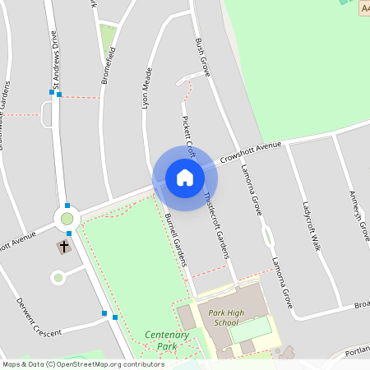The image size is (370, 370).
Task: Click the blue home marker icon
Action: tap(185, 178)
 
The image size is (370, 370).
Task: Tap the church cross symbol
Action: tap(64, 245)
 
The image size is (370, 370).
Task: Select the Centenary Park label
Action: tap(167, 340)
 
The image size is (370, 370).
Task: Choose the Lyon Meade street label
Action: tap(147, 88)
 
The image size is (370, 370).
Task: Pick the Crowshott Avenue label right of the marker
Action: tap(250, 152)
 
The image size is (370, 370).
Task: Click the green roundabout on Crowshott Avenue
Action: tap(67, 219)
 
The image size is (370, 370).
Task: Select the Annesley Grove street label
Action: tap(359, 215)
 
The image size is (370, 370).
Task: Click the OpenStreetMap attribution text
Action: tap(83, 363)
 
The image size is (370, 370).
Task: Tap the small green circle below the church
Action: tap(58, 278)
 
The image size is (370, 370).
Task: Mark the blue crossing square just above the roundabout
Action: tap(67, 206)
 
